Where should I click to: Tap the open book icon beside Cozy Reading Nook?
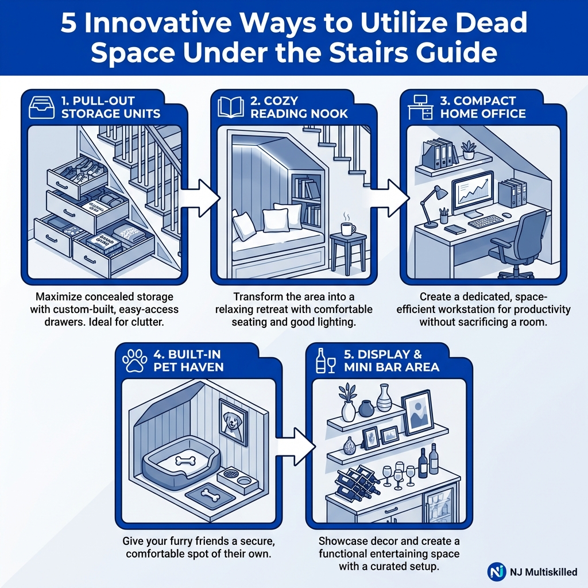[x=230, y=107]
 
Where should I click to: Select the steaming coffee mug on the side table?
[x=348, y=228]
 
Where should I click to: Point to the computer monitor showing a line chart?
[x=473, y=192]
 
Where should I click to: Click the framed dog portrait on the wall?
[x=233, y=423]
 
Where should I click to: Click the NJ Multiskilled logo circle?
[x=497, y=572]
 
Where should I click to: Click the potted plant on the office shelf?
[x=469, y=149]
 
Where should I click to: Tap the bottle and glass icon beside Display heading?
[x=326, y=359]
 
